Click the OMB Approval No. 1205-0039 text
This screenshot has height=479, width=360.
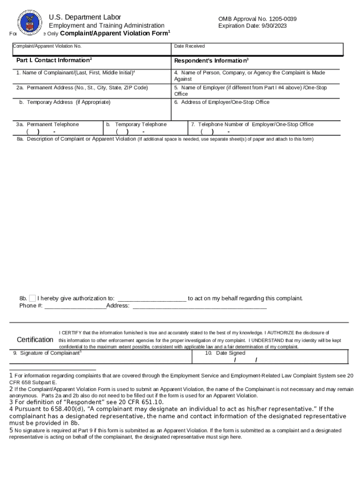click(257, 19)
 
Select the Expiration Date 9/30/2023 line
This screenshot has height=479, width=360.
click(252, 26)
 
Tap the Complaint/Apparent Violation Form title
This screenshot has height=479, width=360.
click(115, 34)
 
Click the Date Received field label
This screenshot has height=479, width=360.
click(189, 46)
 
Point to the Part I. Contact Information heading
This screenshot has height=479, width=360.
click(54, 60)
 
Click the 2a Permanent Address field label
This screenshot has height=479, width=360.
click(82, 88)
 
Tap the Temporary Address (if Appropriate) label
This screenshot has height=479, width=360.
click(65, 102)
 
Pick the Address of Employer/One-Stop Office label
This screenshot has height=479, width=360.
click(222, 102)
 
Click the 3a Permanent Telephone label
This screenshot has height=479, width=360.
click(47, 124)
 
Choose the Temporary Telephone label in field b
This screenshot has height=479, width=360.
click(136, 124)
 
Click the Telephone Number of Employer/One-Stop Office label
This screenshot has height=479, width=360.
click(252, 124)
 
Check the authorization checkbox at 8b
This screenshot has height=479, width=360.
click(32, 298)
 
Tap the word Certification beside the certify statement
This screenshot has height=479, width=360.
click(35, 340)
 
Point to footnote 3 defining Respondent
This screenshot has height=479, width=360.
click(86, 402)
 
